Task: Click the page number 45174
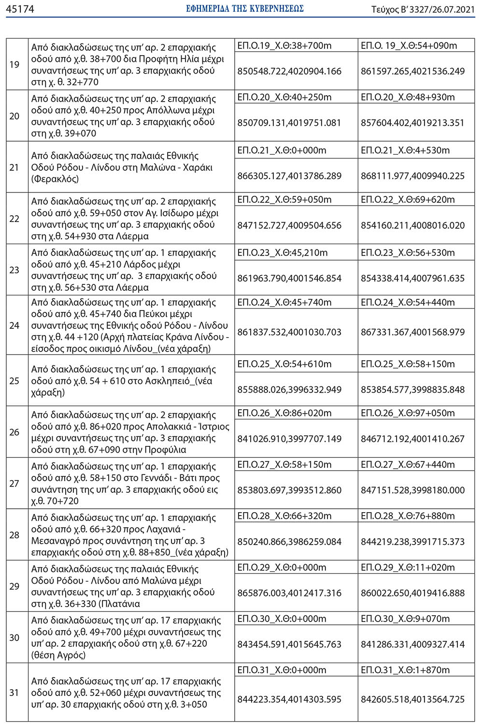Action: tap(20, 9)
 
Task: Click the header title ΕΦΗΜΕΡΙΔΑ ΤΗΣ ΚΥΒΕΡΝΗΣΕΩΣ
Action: tap(245, 9)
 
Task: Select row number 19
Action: tap(14, 65)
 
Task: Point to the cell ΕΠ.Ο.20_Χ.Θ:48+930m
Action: tap(408, 97)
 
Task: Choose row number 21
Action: tap(14, 167)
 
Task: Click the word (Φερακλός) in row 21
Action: tap(55, 179)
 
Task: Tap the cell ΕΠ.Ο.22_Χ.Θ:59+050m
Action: tap(284, 200)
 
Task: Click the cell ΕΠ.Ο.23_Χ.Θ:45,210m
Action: tap(283, 253)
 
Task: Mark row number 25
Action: tap(14, 381)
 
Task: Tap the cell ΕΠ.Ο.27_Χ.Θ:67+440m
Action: tap(408, 465)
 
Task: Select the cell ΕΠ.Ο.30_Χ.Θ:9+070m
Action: tap(405, 619)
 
